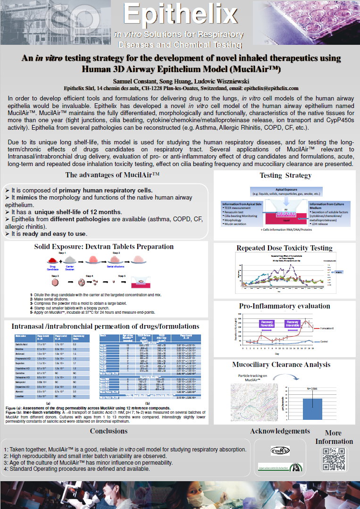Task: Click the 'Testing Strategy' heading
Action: (285, 175)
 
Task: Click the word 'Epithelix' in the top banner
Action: (180, 14)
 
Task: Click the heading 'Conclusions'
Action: (109, 431)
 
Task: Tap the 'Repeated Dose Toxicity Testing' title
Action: (284, 248)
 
